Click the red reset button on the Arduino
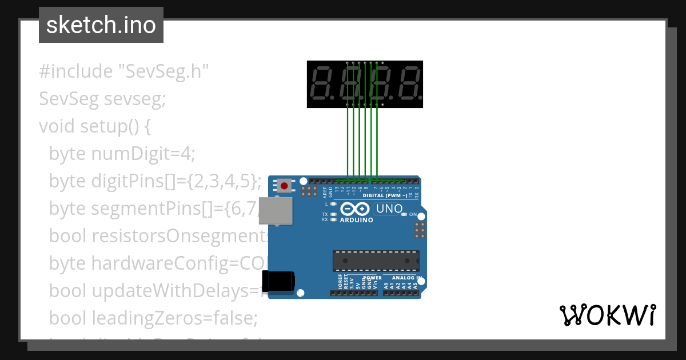click(x=284, y=186)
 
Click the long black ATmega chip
click(x=376, y=261)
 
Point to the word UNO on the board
click(x=390, y=209)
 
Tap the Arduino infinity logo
click(x=356, y=209)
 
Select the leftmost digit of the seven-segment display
click(x=322, y=84)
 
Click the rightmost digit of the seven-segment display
click(x=409, y=84)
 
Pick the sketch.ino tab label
click(x=101, y=25)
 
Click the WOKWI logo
click(x=608, y=315)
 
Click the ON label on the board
click(x=413, y=214)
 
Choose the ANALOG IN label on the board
click(x=406, y=278)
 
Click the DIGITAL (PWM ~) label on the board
click(x=385, y=195)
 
